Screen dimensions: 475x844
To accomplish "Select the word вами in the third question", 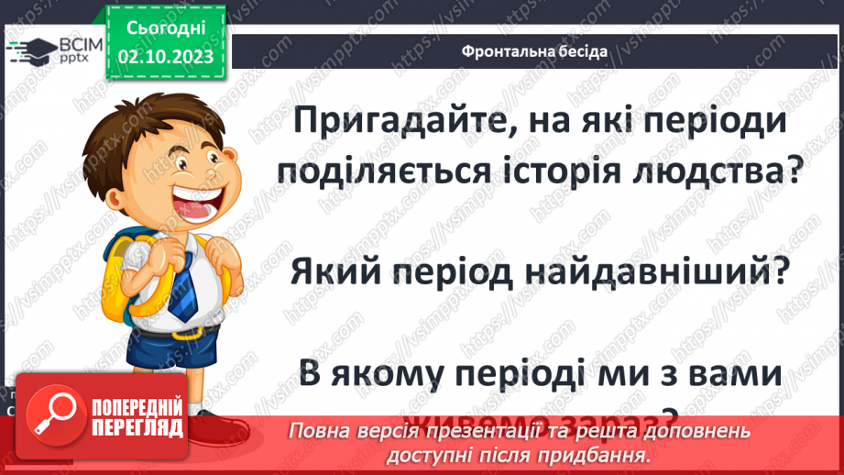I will coord(729,373).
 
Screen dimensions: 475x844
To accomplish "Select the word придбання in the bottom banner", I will coord(605,454).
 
